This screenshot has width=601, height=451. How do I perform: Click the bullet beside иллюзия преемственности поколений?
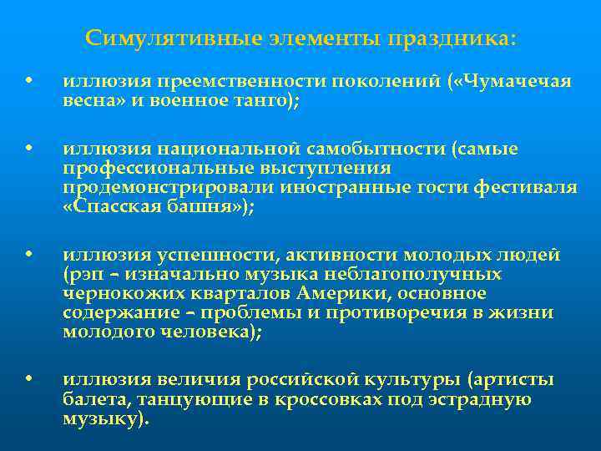[28, 82]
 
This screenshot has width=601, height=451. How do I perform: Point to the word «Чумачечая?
[516, 82]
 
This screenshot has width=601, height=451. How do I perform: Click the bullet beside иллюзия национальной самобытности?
[28, 149]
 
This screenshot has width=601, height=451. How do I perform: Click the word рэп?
[79, 274]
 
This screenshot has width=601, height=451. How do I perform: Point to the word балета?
[94, 399]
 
